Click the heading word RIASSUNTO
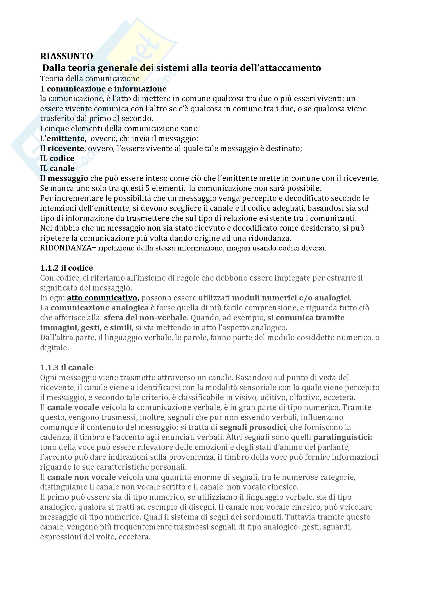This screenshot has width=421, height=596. (x=66, y=56)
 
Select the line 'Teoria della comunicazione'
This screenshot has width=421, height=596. (x=90, y=79)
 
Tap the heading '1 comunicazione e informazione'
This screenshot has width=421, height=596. (x=103, y=89)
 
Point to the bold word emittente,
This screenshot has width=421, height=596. (x=67, y=139)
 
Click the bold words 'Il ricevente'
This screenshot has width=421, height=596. (x=62, y=149)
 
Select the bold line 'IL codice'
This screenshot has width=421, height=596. (x=57, y=158)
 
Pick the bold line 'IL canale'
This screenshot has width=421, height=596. (x=57, y=168)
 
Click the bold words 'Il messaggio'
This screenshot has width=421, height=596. (x=64, y=178)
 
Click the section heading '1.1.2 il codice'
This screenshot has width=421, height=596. (x=66, y=268)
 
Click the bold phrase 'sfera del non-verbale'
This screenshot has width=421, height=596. (x=145, y=318)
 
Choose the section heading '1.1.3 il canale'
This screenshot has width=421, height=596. (x=67, y=368)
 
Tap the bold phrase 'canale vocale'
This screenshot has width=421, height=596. (x=73, y=407)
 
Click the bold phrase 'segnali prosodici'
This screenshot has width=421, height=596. (x=252, y=427)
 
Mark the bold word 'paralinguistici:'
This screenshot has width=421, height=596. (x=343, y=438)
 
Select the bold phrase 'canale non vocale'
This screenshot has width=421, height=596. (x=82, y=477)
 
